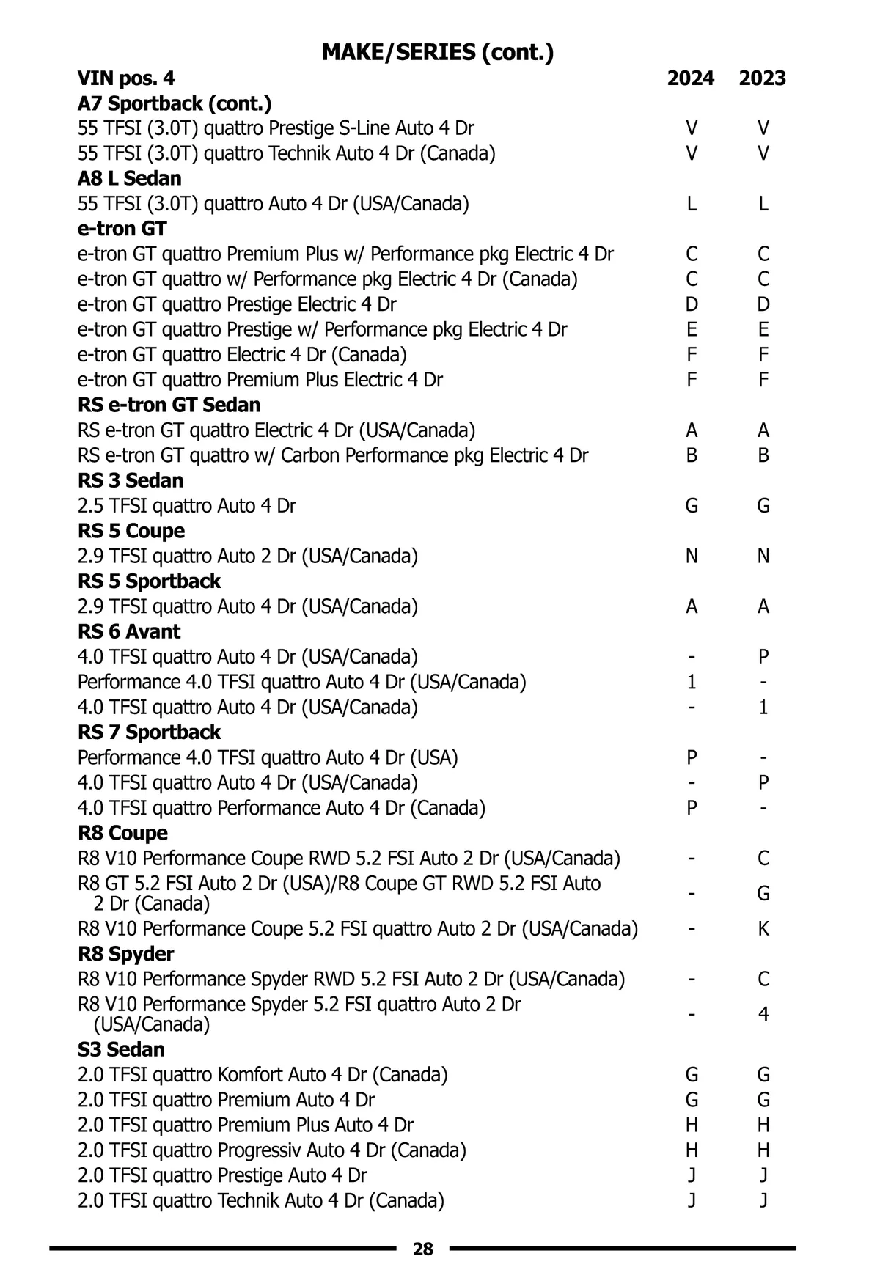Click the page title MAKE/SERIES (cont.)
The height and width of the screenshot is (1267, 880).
438,52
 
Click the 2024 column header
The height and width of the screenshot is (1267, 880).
690,78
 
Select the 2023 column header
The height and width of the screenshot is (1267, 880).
762,78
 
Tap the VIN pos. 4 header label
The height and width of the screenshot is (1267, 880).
126,78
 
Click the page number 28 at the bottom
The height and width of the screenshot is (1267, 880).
423,1249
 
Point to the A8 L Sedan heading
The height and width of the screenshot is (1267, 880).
129,178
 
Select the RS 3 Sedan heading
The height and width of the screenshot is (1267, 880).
131,480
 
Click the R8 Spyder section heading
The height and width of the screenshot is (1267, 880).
126,954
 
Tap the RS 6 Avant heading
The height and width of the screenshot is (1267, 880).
129,631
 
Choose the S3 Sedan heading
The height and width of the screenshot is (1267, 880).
121,1049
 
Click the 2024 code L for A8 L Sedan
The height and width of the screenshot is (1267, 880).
692,204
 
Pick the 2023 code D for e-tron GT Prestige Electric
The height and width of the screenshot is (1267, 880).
763,304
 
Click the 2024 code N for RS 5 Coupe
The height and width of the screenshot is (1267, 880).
692,557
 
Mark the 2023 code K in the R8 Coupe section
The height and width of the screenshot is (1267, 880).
763,929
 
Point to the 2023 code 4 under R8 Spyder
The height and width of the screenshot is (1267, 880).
763,1015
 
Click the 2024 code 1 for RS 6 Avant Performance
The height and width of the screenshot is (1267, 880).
692,683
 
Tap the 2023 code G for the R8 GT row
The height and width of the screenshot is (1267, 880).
763,894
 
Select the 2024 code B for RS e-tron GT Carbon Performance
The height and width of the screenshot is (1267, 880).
692,455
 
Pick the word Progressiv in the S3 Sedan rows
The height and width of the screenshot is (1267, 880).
258,1150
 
